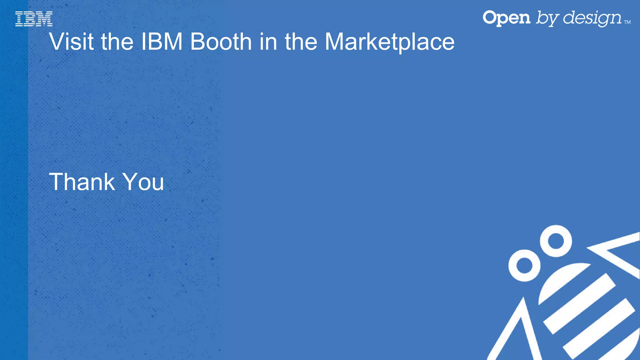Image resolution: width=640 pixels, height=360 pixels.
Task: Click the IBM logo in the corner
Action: click(x=34, y=19)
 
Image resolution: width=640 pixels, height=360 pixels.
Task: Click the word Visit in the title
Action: click(x=71, y=42)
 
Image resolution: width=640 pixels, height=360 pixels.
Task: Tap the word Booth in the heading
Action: click(x=221, y=42)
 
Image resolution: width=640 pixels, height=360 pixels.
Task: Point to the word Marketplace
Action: click(x=389, y=42)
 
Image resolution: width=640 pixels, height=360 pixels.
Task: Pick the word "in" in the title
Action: click(x=268, y=42)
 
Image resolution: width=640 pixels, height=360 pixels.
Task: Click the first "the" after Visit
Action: click(x=117, y=42)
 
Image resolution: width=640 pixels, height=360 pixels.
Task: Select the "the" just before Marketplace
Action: click(x=301, y=42)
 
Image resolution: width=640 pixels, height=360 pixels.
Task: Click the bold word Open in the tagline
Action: click(x=506, y=18)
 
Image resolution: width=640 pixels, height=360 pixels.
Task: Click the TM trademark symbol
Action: click(x=627, y=22)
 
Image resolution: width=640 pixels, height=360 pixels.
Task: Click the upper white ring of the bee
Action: click(x=556, y=241)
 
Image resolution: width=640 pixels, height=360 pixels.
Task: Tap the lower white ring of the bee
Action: click(x=524, y=265)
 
